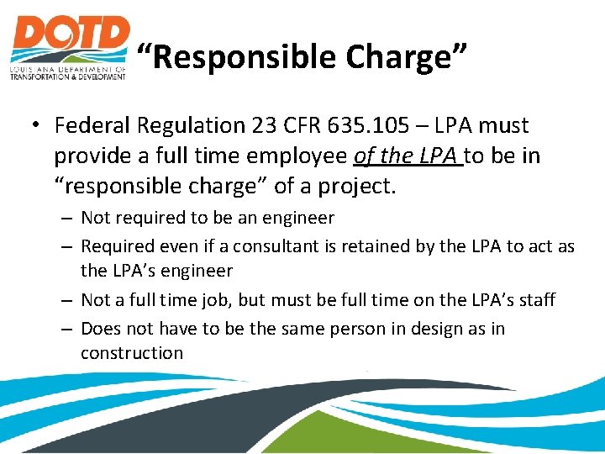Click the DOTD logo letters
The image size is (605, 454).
coord(70,39)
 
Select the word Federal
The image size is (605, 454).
coord(92,126)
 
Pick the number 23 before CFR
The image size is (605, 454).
coord(265,126)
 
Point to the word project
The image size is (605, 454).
coord(355,186)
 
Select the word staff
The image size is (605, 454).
coord(534,299)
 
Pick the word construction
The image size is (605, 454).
coord(131,353)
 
